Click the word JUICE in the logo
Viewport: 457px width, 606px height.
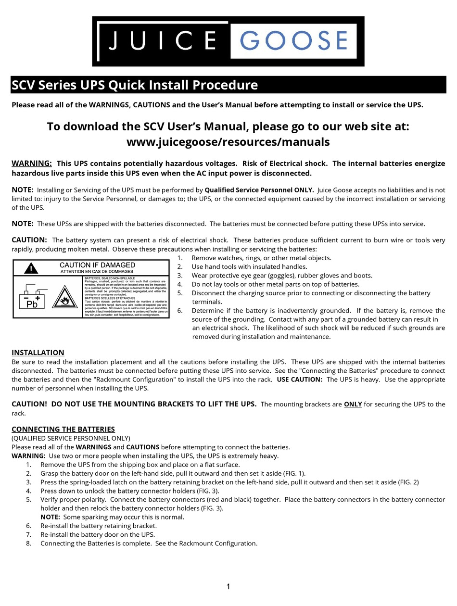161,41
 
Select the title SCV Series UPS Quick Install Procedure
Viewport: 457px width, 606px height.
135,85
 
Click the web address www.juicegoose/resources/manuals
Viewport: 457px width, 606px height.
228,142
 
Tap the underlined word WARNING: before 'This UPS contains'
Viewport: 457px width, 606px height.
32,164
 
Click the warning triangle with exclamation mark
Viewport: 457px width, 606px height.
31,268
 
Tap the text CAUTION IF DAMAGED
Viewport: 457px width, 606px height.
97,265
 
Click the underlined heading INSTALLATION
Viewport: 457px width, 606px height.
38,353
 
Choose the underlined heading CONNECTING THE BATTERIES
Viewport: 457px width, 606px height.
63,429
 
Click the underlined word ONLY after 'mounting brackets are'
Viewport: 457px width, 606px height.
353,404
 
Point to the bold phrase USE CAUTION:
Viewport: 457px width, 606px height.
299,379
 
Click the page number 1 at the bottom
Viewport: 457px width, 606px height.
228,586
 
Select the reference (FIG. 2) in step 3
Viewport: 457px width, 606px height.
408,482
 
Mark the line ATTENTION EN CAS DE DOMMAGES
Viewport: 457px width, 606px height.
97,272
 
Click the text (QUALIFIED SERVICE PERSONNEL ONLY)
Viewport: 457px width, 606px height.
71,438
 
